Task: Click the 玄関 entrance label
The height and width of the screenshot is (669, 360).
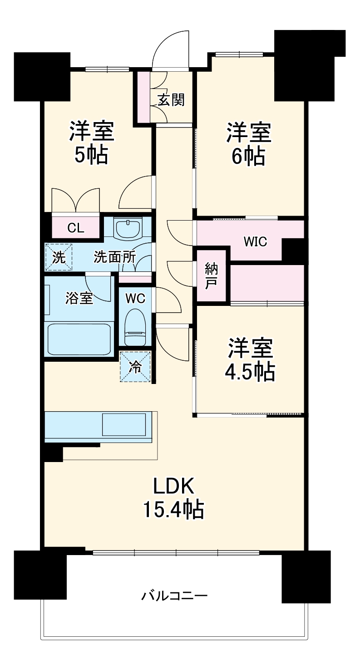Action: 171,99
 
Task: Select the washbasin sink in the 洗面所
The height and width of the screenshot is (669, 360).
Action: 128,229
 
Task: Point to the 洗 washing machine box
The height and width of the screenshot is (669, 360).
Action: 59,257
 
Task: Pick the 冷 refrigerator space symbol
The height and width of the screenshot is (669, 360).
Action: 135,366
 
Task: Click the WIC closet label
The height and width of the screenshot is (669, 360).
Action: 255,241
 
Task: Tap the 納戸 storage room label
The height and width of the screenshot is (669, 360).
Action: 211,275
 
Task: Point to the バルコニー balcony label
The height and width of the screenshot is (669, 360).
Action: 174,595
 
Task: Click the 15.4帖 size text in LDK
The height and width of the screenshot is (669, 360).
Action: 173,510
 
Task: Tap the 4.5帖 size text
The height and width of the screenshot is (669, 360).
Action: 250,372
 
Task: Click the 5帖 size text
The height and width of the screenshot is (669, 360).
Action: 91,155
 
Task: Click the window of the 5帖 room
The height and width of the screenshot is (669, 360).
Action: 107,69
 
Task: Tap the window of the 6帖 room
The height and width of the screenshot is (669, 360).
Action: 239,54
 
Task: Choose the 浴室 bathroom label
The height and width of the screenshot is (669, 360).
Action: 79,298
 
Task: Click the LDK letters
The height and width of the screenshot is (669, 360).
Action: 173,487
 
